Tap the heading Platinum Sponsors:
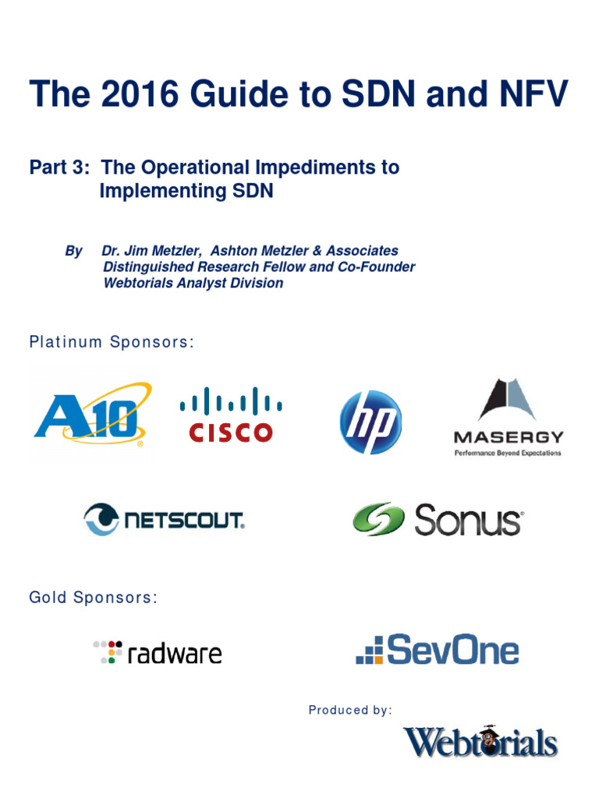[x=111, y=342]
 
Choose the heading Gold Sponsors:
[x=93, y=598]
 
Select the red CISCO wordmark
[x=230, y=433]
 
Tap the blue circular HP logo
[x=370, y=422]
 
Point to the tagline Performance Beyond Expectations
[x=508, y=452]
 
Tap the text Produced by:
[x=350, y=710]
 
